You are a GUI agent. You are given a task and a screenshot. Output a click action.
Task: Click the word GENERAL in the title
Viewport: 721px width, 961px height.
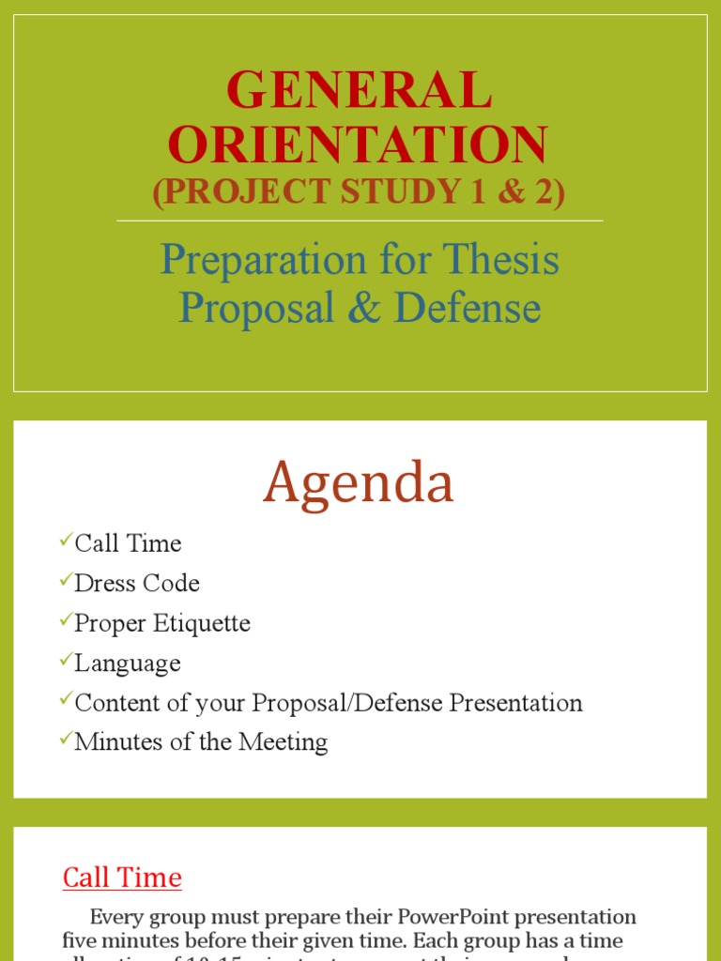359,91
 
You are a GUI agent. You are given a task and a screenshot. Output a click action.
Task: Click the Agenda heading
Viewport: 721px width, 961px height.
359,483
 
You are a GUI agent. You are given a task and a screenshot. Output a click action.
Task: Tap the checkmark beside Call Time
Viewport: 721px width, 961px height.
65,540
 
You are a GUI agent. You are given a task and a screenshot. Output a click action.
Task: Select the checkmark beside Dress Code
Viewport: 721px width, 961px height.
65,580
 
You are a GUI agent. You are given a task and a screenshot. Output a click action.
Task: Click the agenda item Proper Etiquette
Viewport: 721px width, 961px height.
162,623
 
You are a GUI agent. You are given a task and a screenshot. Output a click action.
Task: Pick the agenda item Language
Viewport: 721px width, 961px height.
128,664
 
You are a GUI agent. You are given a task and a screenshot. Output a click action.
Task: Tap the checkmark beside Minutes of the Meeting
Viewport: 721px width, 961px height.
65,739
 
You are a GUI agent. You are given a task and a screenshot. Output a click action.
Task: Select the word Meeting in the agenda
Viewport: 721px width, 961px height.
284,742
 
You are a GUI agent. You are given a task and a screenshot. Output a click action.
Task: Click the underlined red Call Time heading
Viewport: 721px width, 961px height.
122,877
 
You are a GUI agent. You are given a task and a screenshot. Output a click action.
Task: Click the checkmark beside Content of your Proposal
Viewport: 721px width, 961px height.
65,698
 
